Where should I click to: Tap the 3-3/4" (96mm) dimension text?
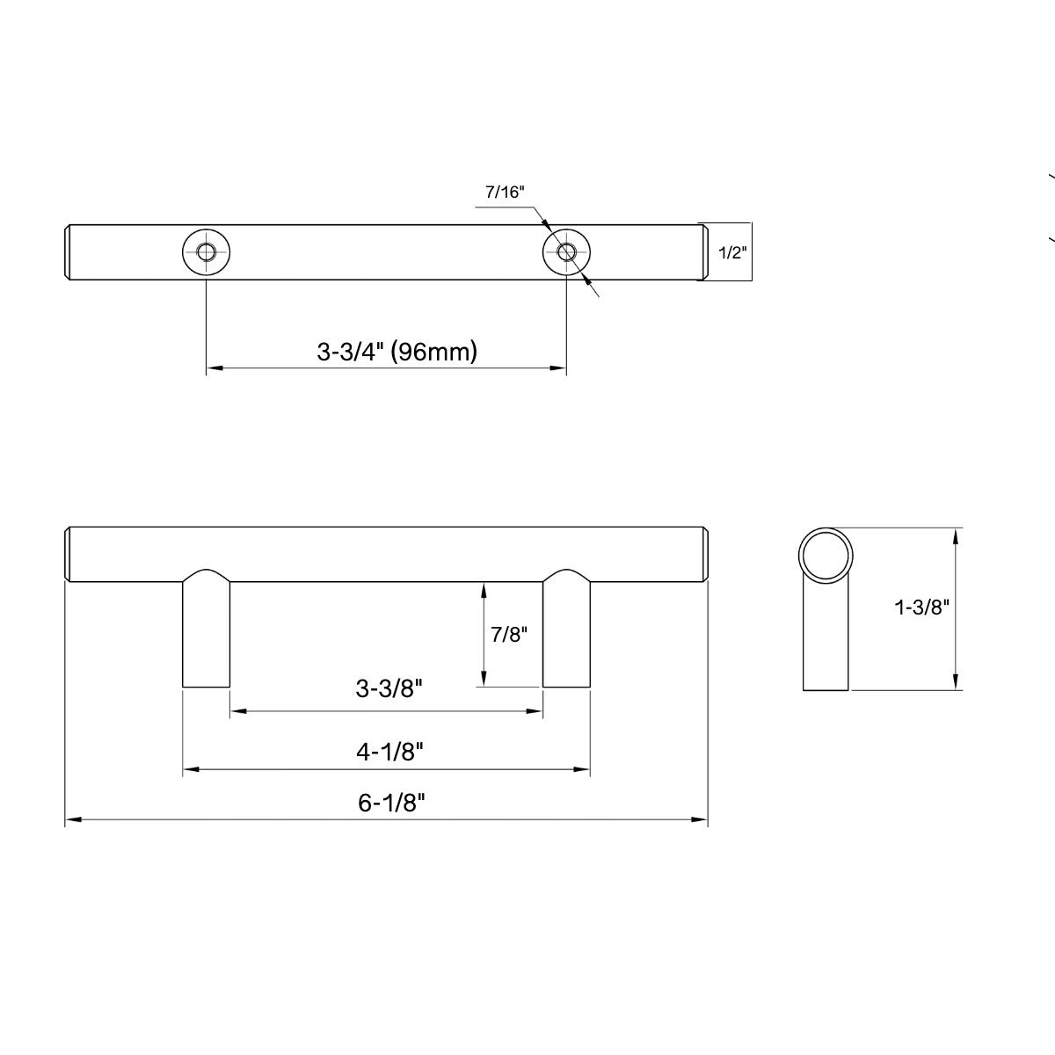click(x=397, y=353)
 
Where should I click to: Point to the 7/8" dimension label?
click(x=508, y=634)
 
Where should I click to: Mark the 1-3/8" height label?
click(x=922, y=607)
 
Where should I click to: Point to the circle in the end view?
click(x=826, y=555)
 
